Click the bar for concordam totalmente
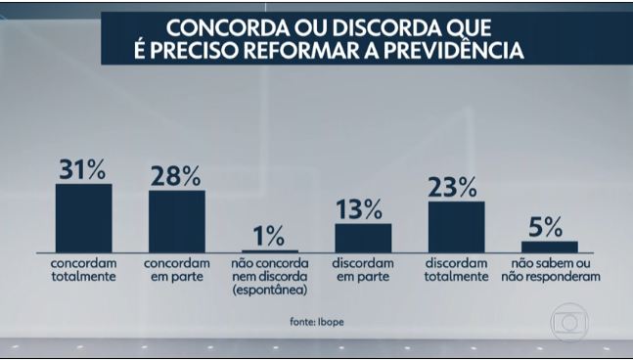(83, 218)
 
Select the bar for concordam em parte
(176, 221)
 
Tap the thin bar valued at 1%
(269, 251)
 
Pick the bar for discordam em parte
(363, 238)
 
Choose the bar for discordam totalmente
(456, 227)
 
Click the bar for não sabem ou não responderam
(549, 247)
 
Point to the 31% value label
(83, 169)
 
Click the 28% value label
(176, 176)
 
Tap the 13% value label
(363, 209)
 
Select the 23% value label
(456, 187)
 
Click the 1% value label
(269, 236)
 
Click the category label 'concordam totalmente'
(83, 270)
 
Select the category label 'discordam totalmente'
(456, 270)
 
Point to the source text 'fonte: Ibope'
(315, 322)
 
